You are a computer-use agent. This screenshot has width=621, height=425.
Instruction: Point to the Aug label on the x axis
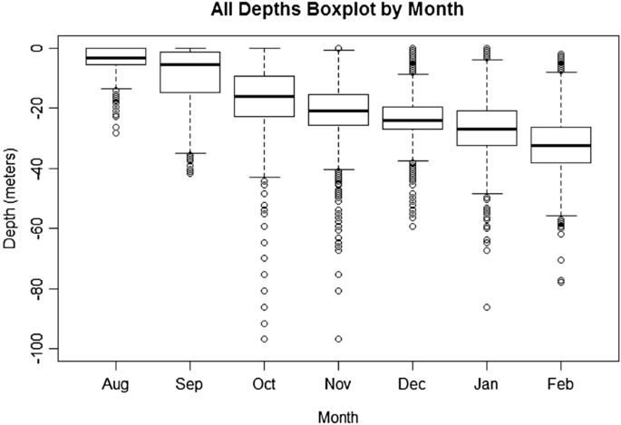115,384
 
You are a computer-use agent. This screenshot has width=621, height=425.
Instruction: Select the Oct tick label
264,384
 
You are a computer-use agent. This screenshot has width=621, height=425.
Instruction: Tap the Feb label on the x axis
561,384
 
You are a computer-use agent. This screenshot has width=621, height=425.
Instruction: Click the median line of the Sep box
189,64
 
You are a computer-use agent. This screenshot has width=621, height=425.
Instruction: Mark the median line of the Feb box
561,146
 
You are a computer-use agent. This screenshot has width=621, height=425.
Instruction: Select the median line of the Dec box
412,121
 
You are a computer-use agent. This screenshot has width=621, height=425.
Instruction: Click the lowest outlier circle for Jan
487,307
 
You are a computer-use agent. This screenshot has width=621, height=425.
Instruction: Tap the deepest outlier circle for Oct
264,339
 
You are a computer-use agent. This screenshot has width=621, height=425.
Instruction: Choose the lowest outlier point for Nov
338,339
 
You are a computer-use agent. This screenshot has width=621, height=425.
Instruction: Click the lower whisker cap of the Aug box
115,89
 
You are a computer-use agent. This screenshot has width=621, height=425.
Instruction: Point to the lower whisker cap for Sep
189,153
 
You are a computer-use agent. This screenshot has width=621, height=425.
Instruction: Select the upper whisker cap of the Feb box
561,72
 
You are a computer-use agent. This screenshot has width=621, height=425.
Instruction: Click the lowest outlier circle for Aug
115,132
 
